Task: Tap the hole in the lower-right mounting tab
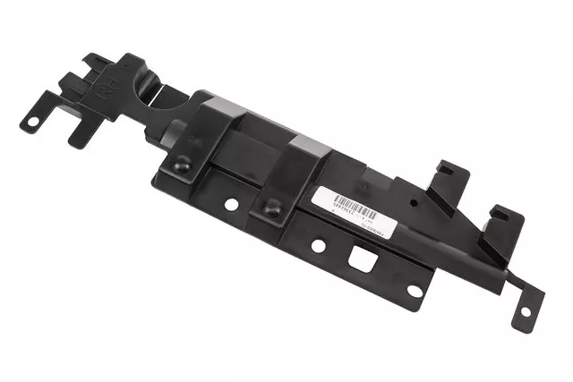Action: pos(525,312)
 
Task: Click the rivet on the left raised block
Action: pos(182,165)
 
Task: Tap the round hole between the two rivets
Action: pos(231,204)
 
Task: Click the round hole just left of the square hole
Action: pos(318,245)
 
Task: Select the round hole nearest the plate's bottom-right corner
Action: pos(415,291)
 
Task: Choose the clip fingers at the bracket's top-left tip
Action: pos(98,64)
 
